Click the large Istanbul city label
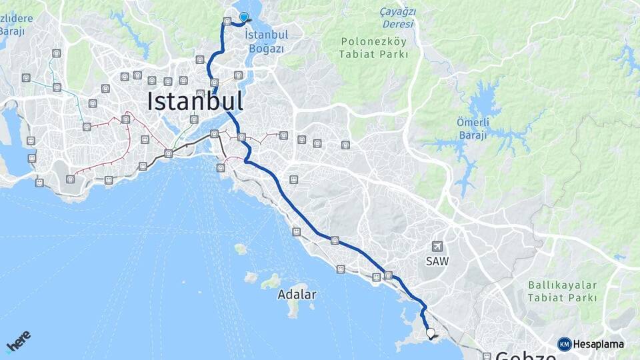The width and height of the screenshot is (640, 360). [x=195, y=101]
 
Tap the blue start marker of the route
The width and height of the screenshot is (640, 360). [x=244, y=17]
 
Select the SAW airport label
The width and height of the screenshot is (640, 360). [x=437, y=261]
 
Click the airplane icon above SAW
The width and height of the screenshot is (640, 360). [x=437, y=247]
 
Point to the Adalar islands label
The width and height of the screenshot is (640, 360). [x=297, y=294]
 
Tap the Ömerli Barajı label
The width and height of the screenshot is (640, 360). [x=473, y=128]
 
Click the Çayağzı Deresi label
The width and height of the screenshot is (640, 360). [x=397, y=18]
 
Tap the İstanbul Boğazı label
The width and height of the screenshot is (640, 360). [x=266, y=41]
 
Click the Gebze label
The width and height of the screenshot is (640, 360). [x=527, y=355]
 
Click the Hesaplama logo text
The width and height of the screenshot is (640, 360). [x=599, y=344]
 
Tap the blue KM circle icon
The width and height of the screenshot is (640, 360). [x=564, y=344]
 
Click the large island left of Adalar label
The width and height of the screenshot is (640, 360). [x=270, y=282]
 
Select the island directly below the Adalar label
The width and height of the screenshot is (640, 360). [x=293, y=309]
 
